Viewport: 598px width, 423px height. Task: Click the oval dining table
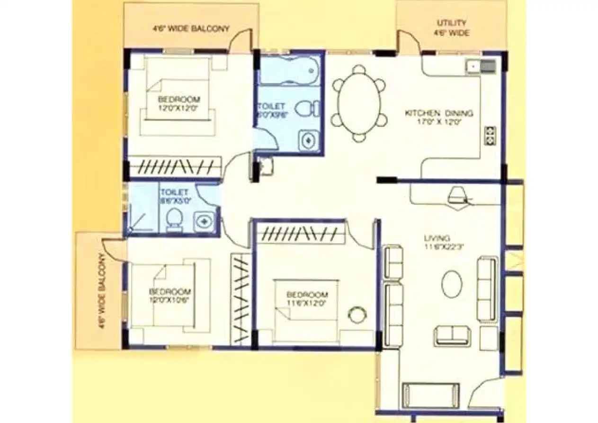pos(359,103)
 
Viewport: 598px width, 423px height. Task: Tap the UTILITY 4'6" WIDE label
pos(452,28)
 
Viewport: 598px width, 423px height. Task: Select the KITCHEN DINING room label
pos(438,117)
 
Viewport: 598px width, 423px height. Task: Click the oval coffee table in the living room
pos(452,284)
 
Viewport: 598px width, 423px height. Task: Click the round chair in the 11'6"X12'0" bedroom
pos(356,314)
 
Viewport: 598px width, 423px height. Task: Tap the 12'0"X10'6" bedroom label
pos(170,295)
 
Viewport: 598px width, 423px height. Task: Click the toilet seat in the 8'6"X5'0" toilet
pos(174,219)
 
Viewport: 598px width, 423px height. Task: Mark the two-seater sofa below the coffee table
pos(452,336)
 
